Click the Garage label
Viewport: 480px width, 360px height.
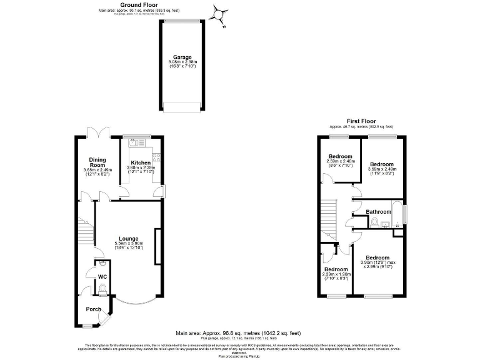(x=182, y=57)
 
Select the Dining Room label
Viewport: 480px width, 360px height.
(x=97, y=162)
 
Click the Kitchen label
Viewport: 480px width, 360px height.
(x=140, y=162)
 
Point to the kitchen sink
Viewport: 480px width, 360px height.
(x=133, y=143)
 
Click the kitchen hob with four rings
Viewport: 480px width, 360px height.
(x=157, y=157)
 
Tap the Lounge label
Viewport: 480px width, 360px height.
(x=129, y=238)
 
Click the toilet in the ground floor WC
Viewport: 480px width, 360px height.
(x=102, y=287)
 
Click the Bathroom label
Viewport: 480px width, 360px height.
(x=378, y=212)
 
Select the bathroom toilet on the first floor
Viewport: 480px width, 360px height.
(x=374, y=222)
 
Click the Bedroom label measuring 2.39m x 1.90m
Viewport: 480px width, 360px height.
(x=337, y=269)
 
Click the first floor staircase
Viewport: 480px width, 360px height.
(x=331, y=219)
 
